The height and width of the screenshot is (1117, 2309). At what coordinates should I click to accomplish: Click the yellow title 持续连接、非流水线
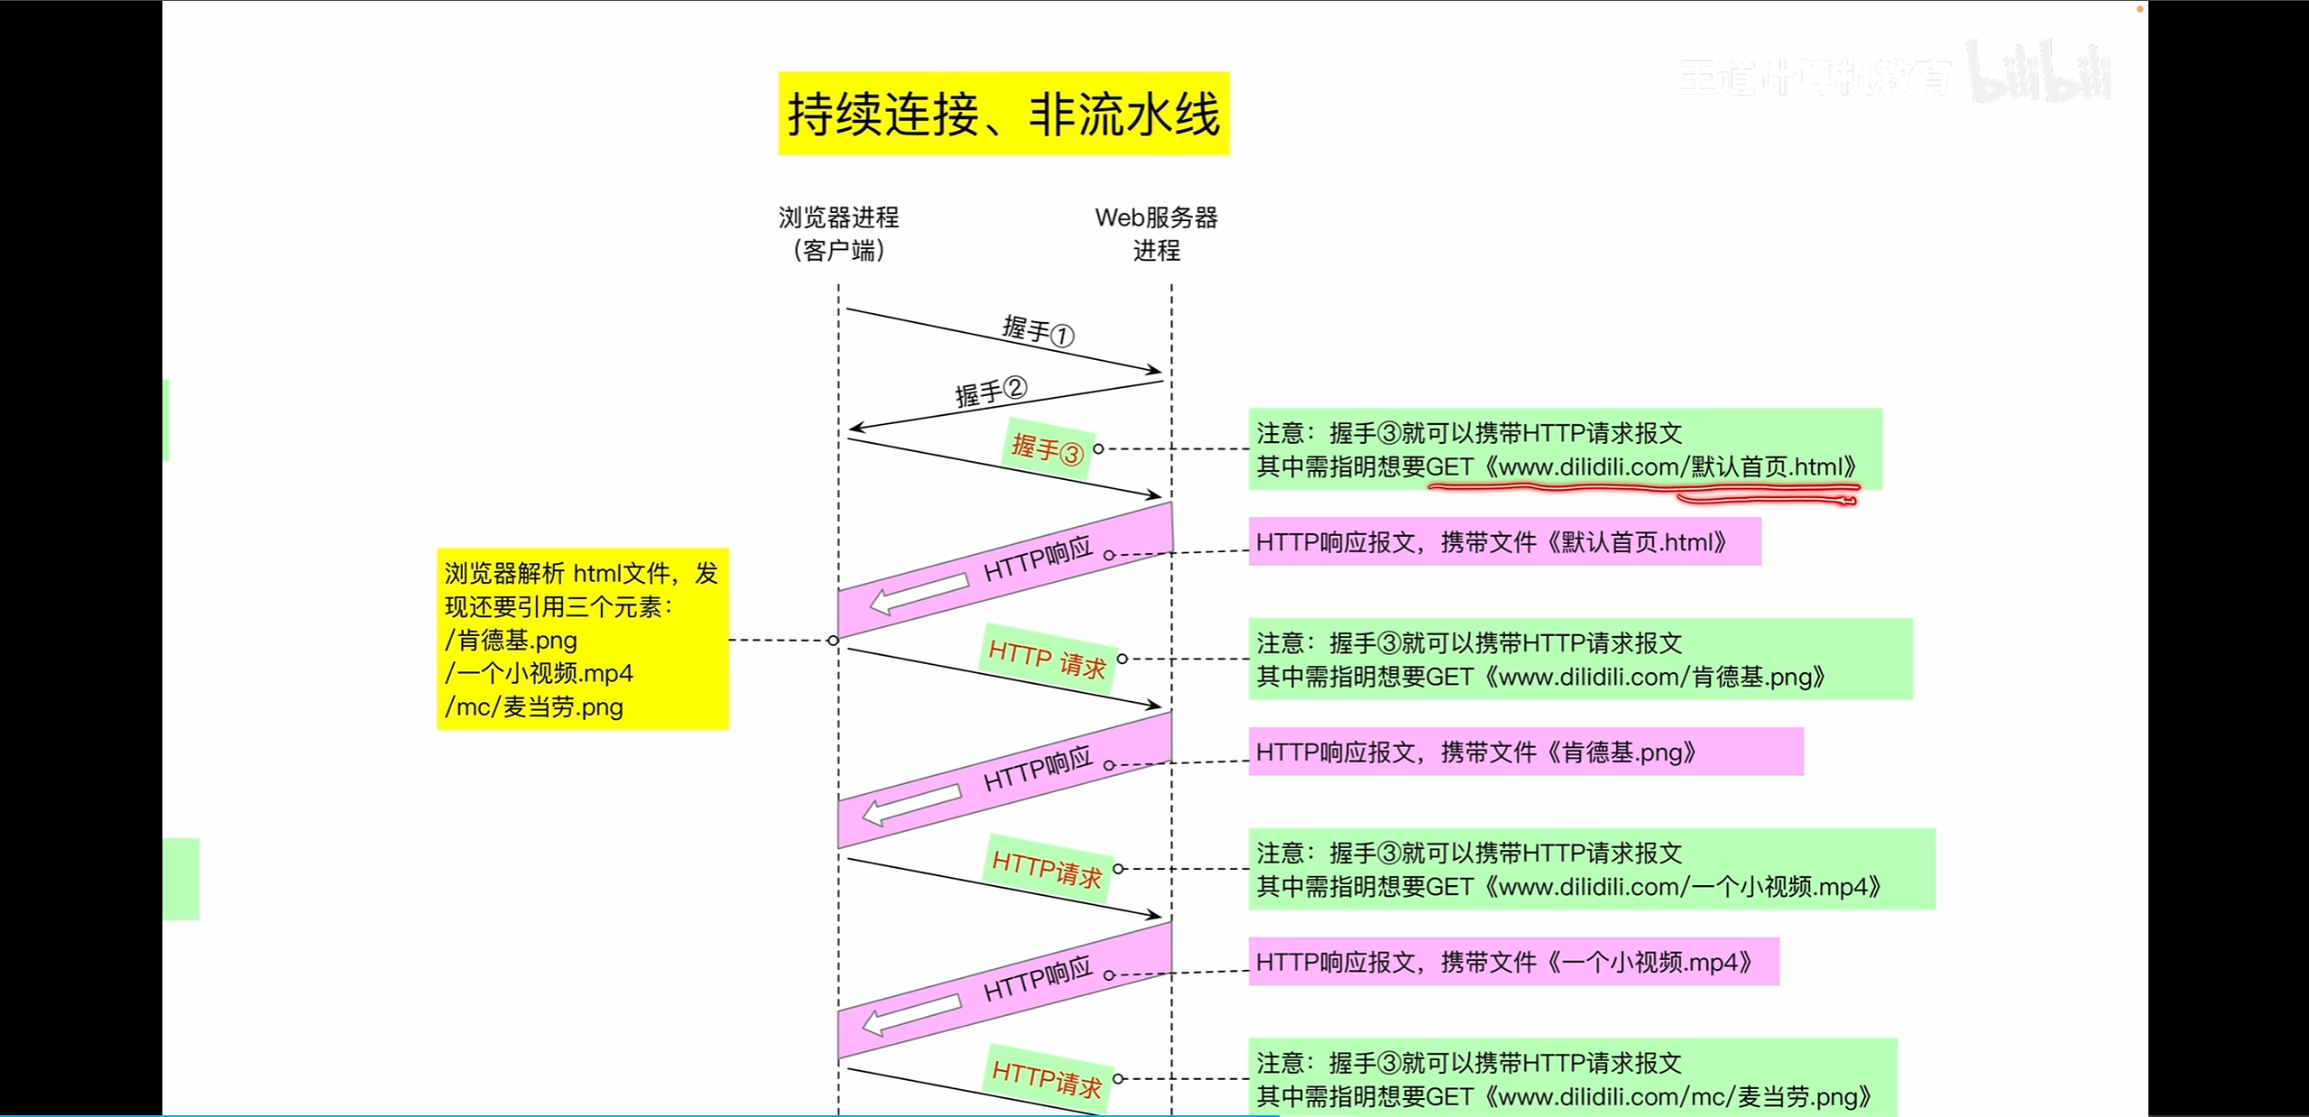coord(1003,114)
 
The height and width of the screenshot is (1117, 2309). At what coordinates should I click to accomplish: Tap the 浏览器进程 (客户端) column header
coord(838,234)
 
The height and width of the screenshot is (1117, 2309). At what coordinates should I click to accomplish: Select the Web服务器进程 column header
coord(1156,234)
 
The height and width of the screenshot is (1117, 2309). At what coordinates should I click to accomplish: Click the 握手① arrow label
coord(1038,330)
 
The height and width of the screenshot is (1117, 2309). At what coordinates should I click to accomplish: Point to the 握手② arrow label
coord(991,392)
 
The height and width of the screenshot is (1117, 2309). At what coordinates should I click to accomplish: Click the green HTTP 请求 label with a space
coord(1047,658)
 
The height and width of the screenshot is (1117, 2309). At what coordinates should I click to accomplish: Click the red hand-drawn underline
coord(1642,490)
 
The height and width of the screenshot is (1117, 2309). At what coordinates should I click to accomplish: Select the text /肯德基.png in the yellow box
coord(511,641)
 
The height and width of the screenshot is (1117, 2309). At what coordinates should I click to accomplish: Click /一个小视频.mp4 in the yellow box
coord(539,674)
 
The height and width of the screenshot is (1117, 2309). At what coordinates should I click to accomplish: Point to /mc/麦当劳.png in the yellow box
coord(534,707)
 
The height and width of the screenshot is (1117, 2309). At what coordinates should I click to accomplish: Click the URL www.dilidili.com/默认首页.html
coord(1670,467)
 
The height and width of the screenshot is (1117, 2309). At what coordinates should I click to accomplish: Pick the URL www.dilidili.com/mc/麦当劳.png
coord(1678,1097)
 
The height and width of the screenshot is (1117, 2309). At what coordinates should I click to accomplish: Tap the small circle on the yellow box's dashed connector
coord(833,641)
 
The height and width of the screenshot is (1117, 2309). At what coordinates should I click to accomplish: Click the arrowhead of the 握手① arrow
coord(1155,370)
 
